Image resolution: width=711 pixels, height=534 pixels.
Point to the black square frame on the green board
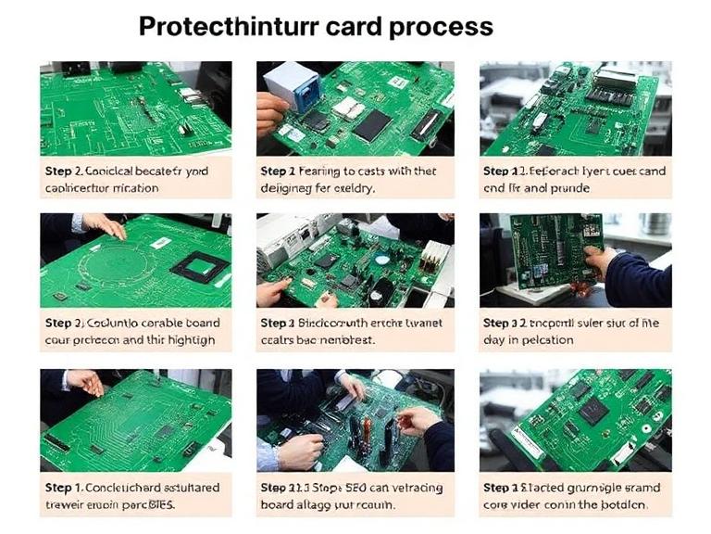click(x=199, y=268)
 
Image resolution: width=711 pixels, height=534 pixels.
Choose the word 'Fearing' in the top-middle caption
click(x=319, y=172)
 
